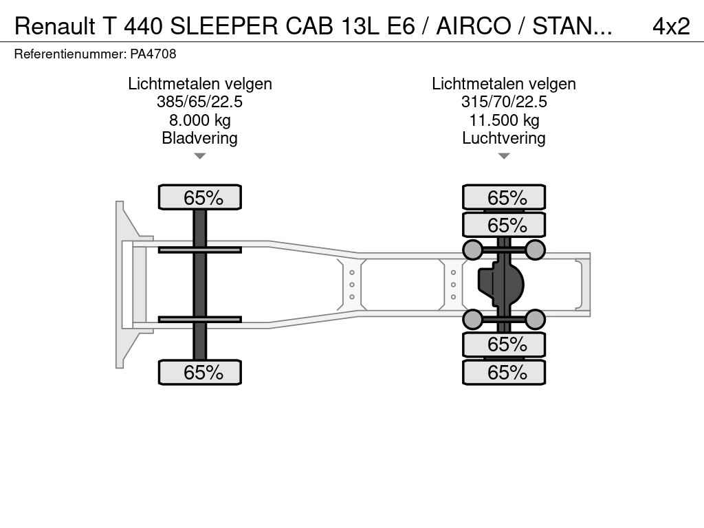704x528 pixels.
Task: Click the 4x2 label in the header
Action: pyautogui.click(x=671, y=27)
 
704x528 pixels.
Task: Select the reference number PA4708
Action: pyautogui.click(x=153, y=54)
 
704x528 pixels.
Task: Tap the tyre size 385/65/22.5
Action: pyautogui.click(x=199, y=102)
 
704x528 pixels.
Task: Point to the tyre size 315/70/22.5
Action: pyautogui.click(x=504, y=102)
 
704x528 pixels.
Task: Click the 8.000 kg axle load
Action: pyautogui.click(x=200, y=120)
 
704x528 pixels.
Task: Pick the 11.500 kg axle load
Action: pyautogui.click(x=504, y=120)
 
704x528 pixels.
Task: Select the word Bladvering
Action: pyautogui.click(x=199, y=137)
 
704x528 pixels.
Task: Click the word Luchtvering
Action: pyautogui.click(x=504, y=137)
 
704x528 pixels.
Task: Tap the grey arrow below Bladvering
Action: pyautogui.click(x=200, y=156)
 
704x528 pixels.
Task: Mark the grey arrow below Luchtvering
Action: pyautogui.click(x=504, y=156)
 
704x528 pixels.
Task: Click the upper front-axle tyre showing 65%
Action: pyautogui.click(x=200, y=197)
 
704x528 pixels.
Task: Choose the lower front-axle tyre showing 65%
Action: pyautogui.click(x=200, y=372)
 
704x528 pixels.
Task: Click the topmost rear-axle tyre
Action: pyautogui.click(x=504, y=197)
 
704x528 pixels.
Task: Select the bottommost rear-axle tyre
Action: pyautogui.click(x=504, y=372)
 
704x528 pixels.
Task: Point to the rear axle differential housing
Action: pyautogui.click(x=500, y=284)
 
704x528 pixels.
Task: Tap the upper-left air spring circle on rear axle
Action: pyautogui.click(x=473, y=250)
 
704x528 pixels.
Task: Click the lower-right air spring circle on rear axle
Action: pyautogui.click(x=535, y=319)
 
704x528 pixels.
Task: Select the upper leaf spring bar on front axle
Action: pyautogui.click(x=200, y=250)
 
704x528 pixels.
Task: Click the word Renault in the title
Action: pyautogui.click(x=55, y=27)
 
